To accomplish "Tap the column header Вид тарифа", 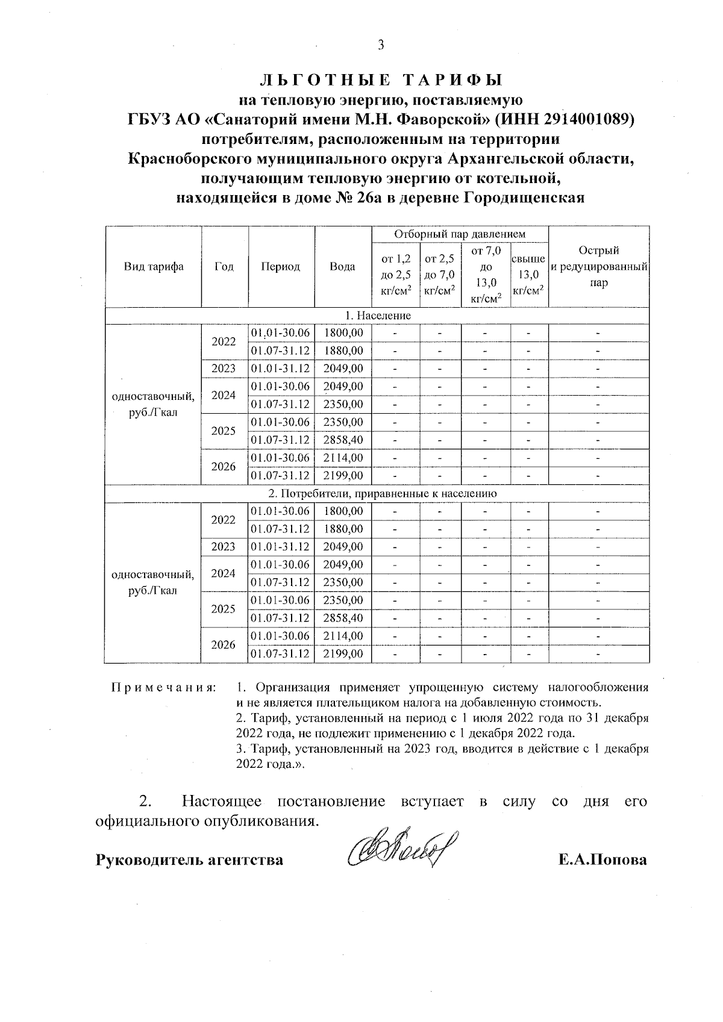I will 154,267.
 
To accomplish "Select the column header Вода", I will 342,267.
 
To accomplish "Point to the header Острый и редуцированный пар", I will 598,267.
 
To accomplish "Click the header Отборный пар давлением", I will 460,234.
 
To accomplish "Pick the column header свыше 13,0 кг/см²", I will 528,275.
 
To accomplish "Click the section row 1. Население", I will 378,316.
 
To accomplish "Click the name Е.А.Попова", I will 602,859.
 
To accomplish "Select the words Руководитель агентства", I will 190,859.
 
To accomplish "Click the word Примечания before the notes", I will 163,688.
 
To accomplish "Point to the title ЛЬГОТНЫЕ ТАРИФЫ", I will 380,79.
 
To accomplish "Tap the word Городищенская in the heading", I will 524,198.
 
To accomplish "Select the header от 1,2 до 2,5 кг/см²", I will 396,275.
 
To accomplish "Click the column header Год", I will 224,267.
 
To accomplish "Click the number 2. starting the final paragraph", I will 145,802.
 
